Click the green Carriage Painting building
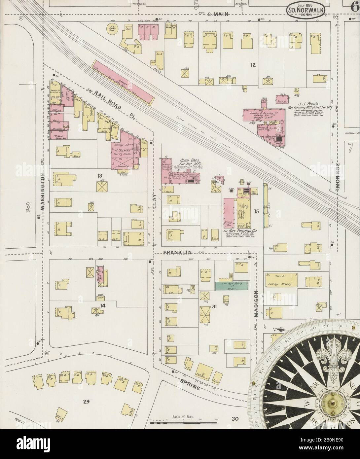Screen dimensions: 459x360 point(232,286)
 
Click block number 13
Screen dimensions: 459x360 point(99,176)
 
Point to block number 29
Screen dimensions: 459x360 point(86,402)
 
